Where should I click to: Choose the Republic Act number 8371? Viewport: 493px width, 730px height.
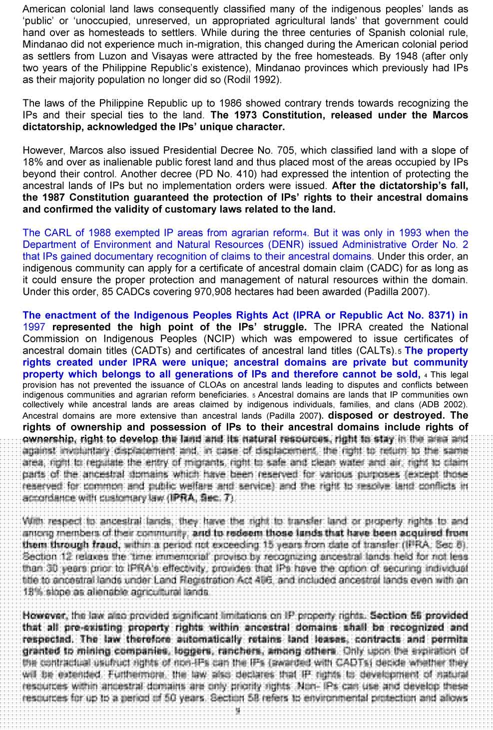[x=439, y=315]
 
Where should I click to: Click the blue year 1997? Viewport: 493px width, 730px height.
[x=34, y=327]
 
